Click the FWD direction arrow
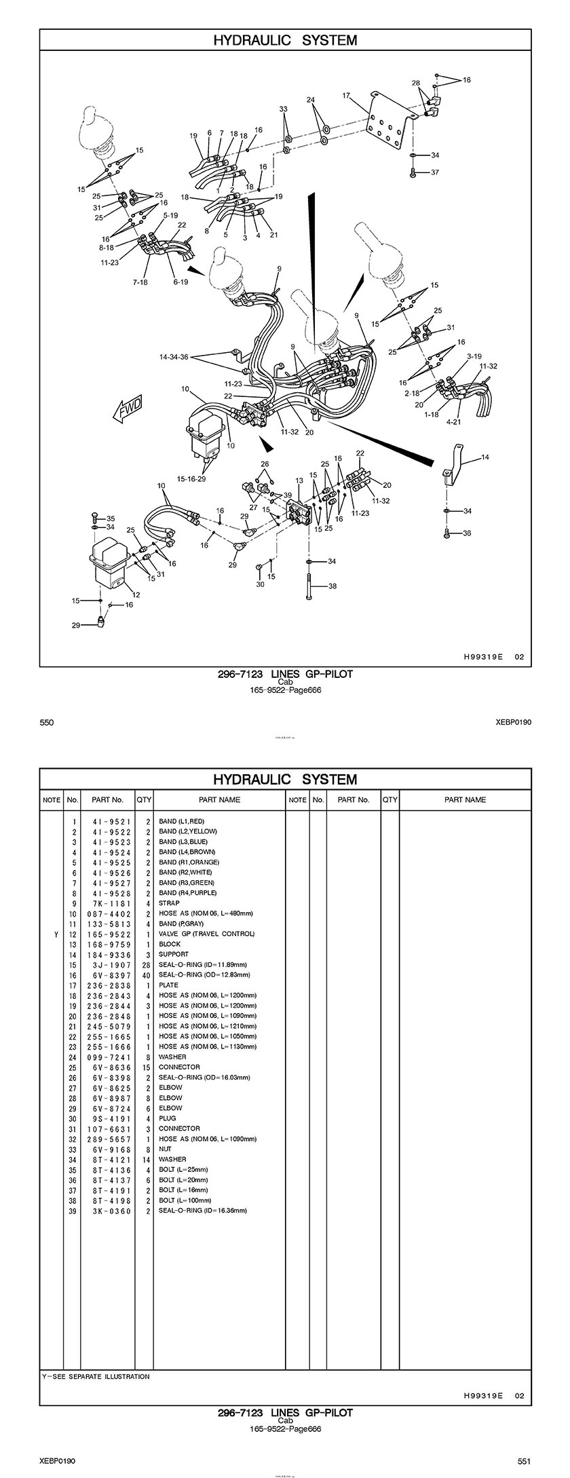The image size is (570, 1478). point(129,410)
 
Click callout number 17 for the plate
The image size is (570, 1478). point(346,96)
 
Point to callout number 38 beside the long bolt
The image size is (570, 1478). point(332,586)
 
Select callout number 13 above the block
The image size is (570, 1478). point(299,480)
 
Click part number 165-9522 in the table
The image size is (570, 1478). point(112,934)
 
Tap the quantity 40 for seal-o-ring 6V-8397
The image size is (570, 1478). point(145,974)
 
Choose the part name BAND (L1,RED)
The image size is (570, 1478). point(181,821)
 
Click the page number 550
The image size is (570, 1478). point(46,723)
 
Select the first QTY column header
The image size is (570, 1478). point(144,799)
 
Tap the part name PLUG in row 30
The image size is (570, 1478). point(167,1118)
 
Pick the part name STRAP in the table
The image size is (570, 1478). point(169,903)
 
